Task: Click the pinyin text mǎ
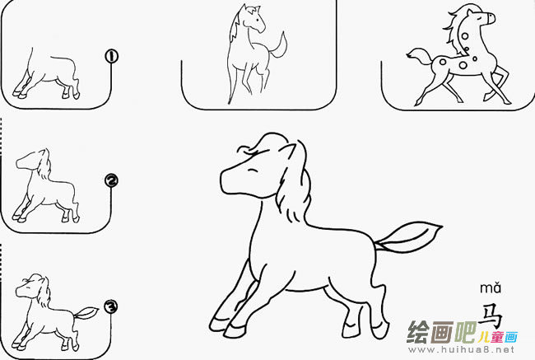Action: click(x=491, y=288)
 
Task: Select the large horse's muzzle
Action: click(x=228, y=180)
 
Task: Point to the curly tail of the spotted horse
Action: click(x=417, y=56)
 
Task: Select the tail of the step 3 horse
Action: click(x=87, y=312)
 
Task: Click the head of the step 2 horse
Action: click(x=33, y=161)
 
